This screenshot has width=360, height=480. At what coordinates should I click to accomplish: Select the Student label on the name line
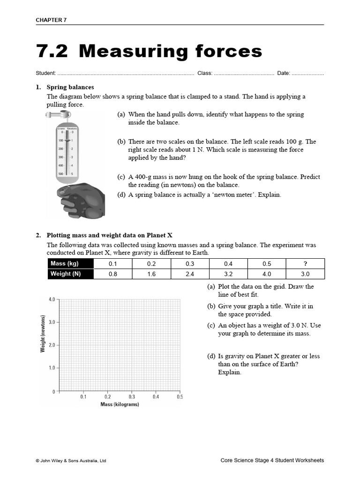tap(45, 74)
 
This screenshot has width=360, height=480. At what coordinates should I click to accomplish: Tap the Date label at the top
tap(283, 74)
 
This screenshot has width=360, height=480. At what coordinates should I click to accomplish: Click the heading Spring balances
tap(70, 87)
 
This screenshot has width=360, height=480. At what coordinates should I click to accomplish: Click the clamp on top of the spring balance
tap(59, 115)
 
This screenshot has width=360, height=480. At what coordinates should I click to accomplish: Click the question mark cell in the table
tap(305, 264)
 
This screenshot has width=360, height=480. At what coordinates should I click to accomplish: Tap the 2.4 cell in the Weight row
tap(189, 274)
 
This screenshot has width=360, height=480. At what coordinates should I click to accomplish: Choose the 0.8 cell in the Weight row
tap(112, 274)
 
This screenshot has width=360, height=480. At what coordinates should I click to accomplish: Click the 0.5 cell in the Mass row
tap(267, 264)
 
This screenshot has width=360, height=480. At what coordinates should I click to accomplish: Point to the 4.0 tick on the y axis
tap(52, 300)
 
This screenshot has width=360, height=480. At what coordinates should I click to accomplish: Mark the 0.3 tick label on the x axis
tap(132, 397)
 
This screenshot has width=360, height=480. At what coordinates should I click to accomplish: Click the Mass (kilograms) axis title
tap(120, 405)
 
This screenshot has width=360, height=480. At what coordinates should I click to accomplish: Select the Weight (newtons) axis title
tap(43, 334)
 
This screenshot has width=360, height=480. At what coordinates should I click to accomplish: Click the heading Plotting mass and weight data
tap(112, 235)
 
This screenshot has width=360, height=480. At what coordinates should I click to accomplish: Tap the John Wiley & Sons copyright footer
tap(71, 461)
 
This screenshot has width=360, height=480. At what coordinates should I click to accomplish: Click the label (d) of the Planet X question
tap(211, 356)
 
